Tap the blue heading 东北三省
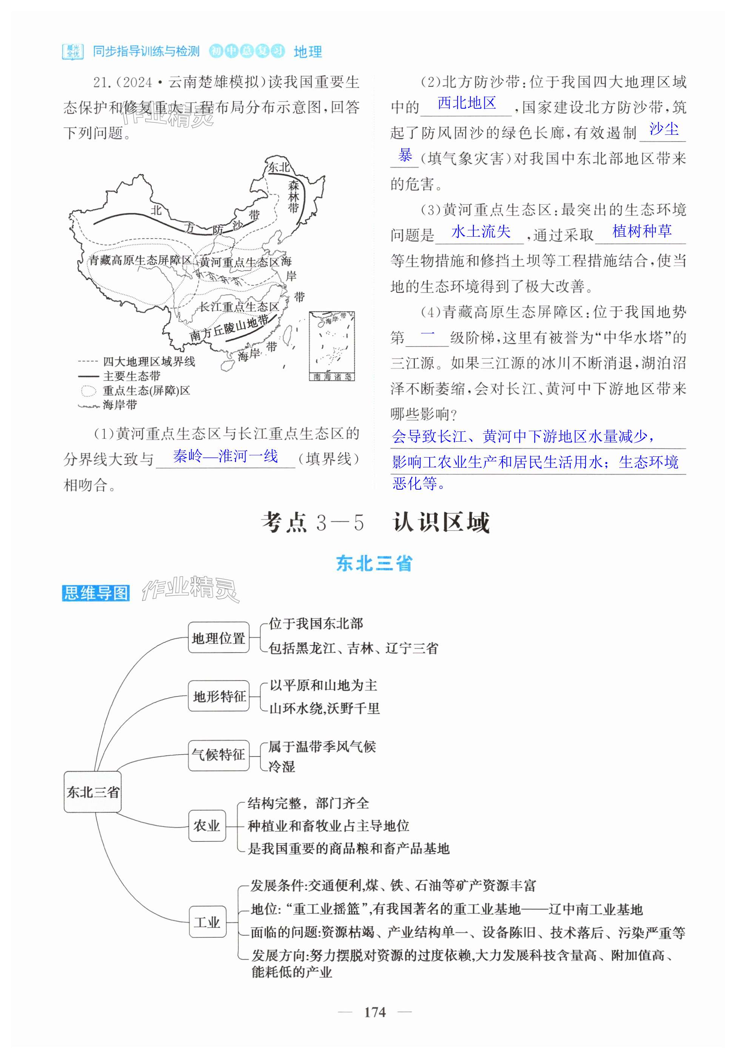374,564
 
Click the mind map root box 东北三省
92,792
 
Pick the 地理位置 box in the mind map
218,638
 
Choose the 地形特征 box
219,696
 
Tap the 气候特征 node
218,755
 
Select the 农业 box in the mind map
207,826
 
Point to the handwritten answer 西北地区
466,103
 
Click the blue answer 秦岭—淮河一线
225,456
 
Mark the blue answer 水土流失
481,231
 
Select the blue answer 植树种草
642,231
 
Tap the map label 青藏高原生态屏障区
139,260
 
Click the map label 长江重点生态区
239,307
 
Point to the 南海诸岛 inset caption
332,377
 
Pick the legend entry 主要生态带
131,376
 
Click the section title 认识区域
441,523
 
